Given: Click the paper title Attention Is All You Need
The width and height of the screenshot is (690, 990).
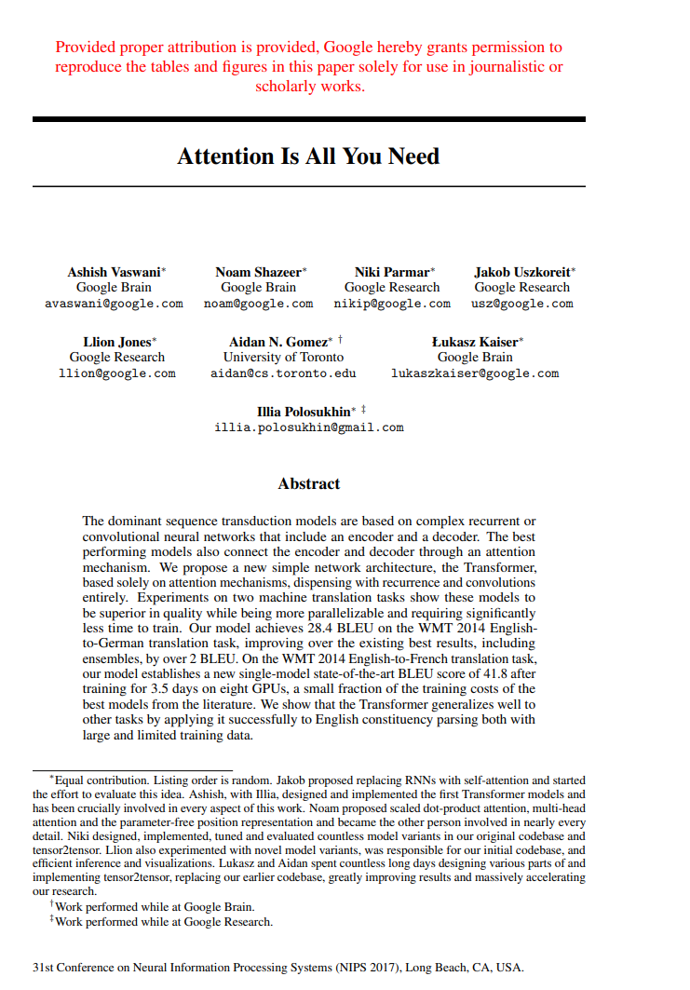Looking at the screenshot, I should (x=308, y=156).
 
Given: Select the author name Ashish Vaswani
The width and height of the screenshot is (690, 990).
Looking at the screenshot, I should (x=113, y=272).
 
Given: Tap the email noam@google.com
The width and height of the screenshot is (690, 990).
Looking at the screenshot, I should (x=258, y=304).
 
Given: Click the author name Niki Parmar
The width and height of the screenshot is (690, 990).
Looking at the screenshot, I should (x=392, y=272).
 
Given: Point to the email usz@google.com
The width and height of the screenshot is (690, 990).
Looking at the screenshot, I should (x=521, y=304).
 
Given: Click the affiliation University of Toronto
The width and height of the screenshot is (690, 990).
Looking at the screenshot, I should (x=283, y=357).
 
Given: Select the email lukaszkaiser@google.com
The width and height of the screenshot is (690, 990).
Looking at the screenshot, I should (x=475, y=373).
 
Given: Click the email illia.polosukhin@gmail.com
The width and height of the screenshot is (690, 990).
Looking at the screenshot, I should (x=309, y=427).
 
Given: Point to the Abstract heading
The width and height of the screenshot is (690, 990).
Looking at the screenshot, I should (x=309, y=483).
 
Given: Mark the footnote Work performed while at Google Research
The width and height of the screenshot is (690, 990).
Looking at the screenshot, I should (x=164, y=921).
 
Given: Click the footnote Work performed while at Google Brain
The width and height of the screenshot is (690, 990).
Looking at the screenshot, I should (x=155, y=906).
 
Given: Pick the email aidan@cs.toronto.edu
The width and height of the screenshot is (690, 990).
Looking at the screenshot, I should (x=283, y=373).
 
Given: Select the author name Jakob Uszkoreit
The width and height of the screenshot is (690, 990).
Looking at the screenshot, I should (x=521, y=272).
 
